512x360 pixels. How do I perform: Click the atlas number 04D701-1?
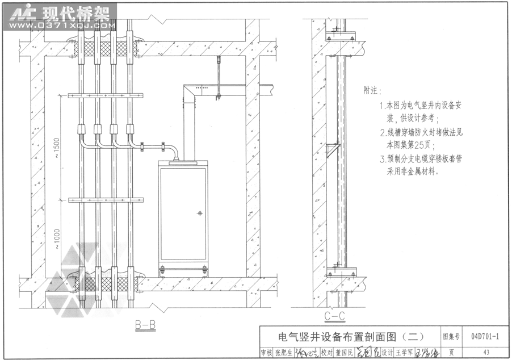pos(485,337)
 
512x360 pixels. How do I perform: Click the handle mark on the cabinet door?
pos(200,214)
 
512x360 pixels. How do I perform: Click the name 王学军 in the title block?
pos(405,353)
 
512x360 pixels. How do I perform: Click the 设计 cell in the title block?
pos(387,353)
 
